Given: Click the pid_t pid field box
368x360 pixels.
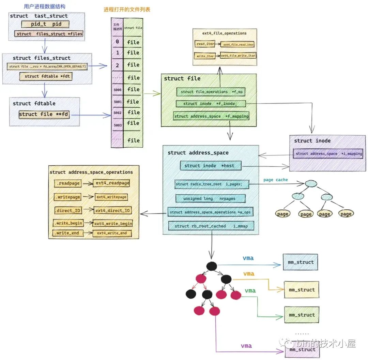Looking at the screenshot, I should point(45,24).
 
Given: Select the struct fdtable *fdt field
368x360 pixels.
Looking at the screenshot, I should point(46,76).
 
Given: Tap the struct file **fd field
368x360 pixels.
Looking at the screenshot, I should point(44,114).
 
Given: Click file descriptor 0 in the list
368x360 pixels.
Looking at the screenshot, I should point(117,42).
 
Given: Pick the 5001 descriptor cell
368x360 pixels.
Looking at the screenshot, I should point(117,102).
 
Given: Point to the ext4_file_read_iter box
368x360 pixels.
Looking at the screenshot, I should point(237,45).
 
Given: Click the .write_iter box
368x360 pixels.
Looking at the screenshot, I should point(205,56).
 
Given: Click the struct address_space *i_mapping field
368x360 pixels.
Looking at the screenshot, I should point(328,153).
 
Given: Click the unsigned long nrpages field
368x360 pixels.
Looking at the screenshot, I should point(210,198).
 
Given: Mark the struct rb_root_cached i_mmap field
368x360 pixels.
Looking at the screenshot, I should point(211,226).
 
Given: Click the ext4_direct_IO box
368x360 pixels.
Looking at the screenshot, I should point(113,210).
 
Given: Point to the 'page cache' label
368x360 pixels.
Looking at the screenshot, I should point(275,180).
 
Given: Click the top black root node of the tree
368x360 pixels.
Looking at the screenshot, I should point(212,266).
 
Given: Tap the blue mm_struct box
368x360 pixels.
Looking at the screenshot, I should point(300,262).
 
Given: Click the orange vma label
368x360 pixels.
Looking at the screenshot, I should point(249,274).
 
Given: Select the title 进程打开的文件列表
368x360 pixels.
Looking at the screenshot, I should point(127,10).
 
